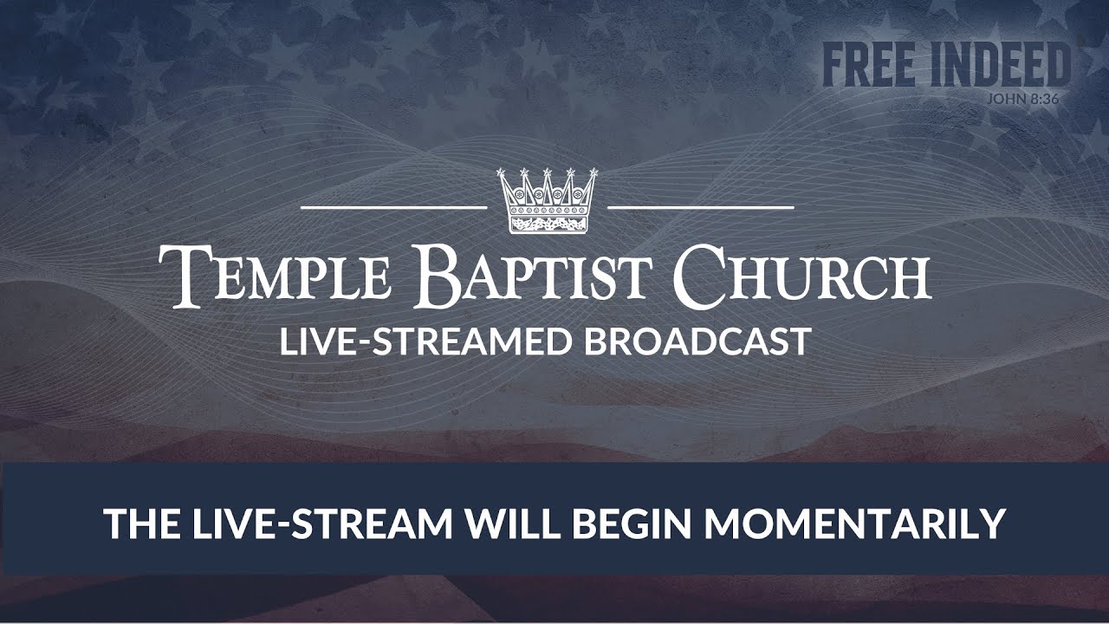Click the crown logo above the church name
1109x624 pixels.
548,201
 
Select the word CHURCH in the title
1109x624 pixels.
802,276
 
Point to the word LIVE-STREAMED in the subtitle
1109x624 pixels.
425,341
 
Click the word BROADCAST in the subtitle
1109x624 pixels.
697,341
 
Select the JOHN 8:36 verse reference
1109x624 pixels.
1022,98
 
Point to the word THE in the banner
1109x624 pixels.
134,523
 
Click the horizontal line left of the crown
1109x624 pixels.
393,208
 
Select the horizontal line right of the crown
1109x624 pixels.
701,208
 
